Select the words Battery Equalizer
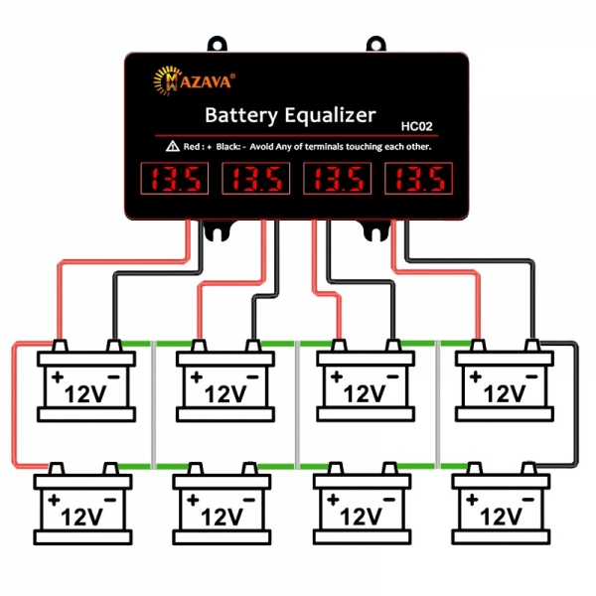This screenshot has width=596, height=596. coord(288,115)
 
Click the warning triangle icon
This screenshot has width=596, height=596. coord(173,147)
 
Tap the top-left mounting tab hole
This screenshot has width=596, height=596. coord(218,44)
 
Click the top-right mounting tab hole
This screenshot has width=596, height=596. coord(375,44)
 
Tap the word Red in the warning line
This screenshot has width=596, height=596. coord(193,147)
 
